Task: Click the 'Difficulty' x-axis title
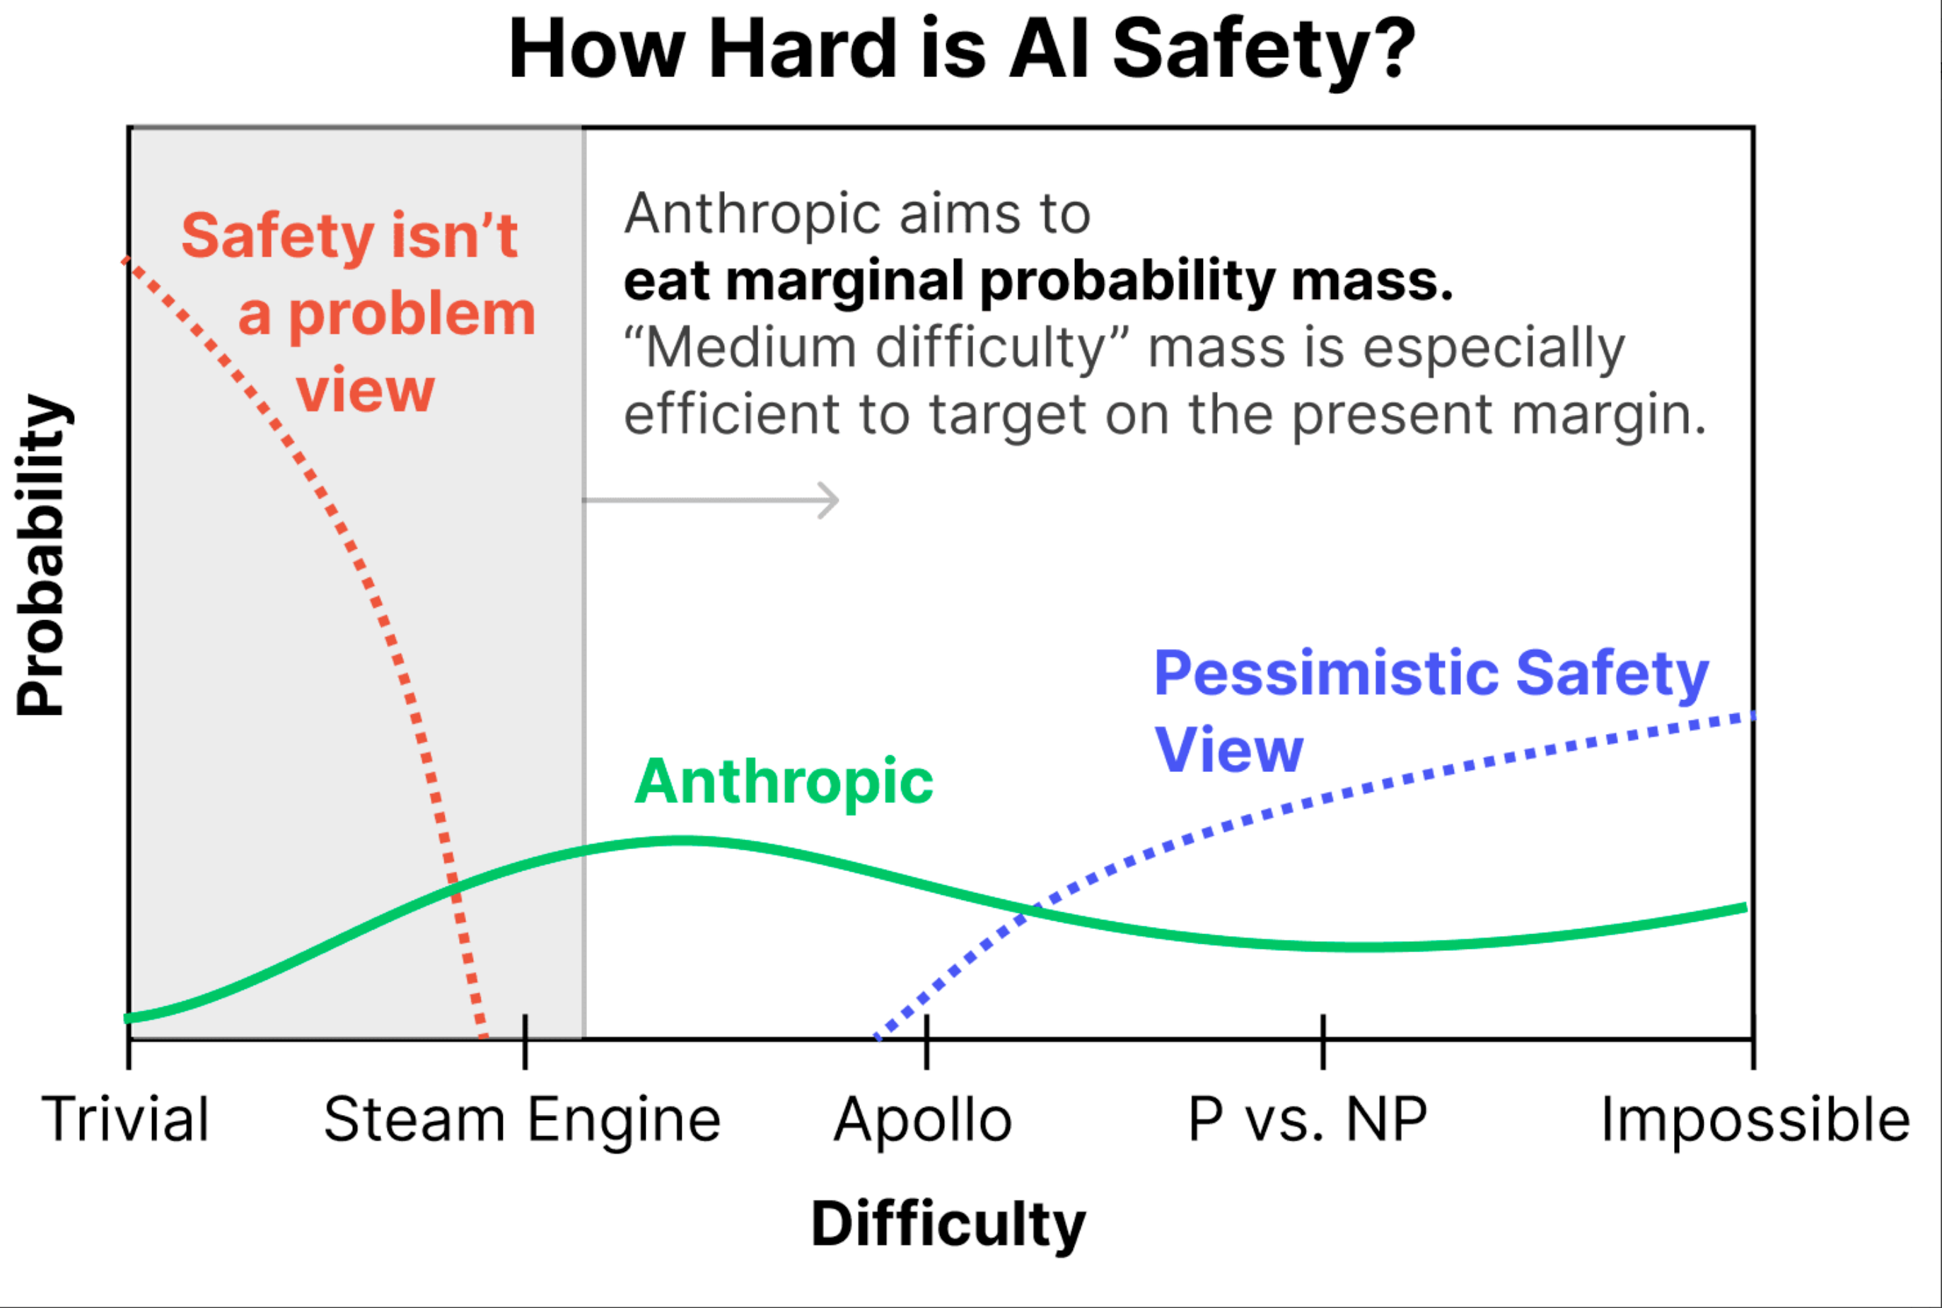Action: pos(948,1225)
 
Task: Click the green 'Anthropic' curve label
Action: pos(784,782)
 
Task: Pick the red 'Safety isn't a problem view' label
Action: pos(359,312)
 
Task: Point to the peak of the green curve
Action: pos(680,841)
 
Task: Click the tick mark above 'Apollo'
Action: pos(926,1040)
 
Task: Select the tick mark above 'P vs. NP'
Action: pos(1323,1040)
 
